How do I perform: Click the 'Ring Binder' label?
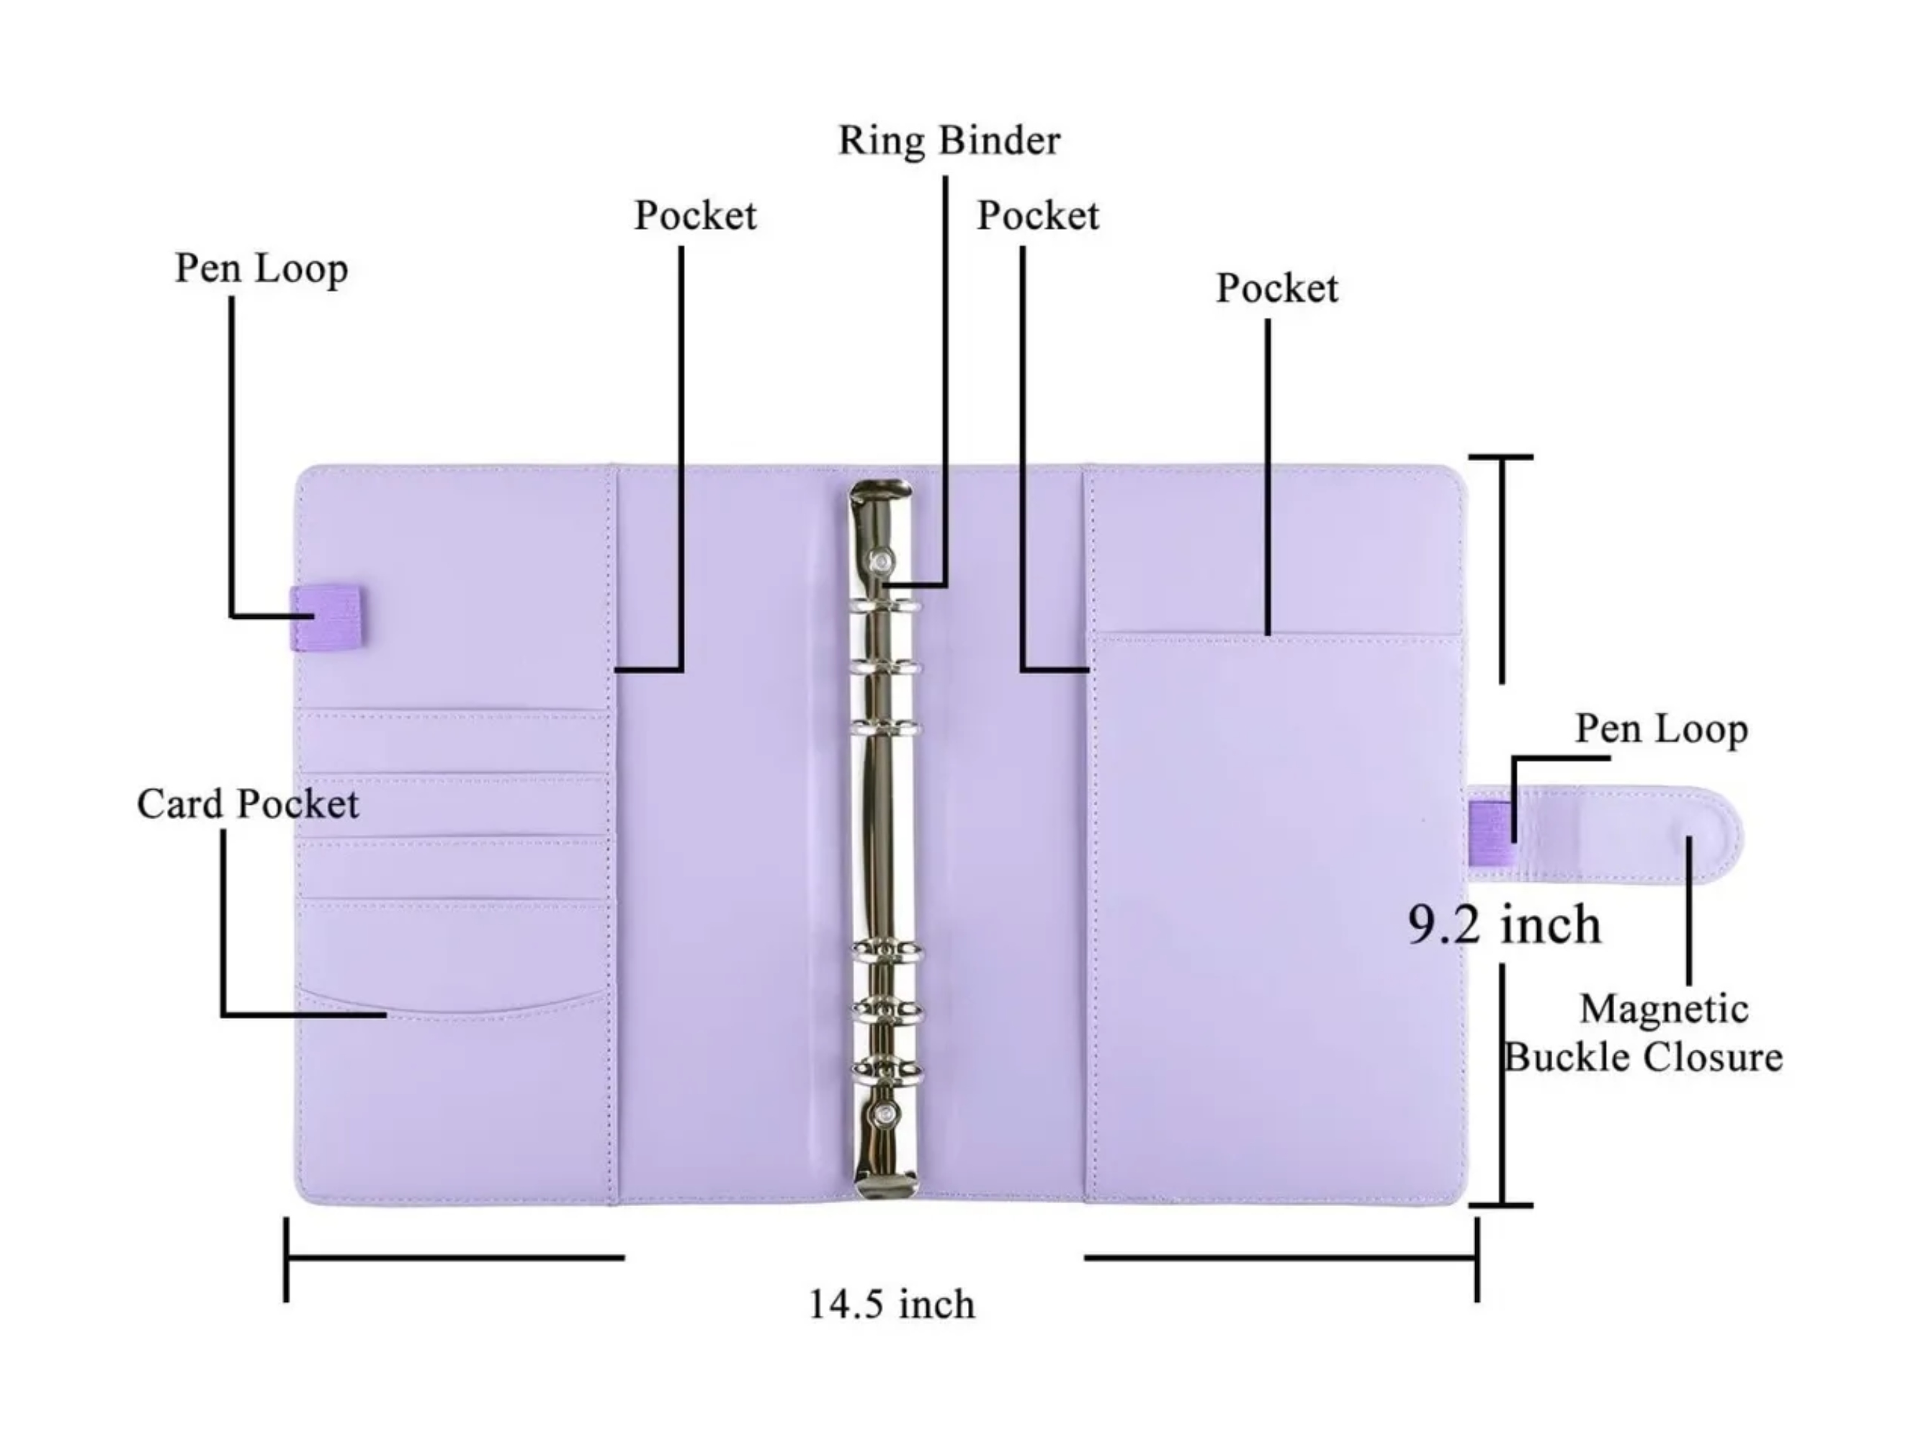(x=949, y=140)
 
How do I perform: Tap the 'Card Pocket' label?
(x=248, y=804)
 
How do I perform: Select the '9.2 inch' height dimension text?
(x=1504, y=924)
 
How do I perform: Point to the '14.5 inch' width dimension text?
(x=892, y=1305)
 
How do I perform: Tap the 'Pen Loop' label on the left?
(x=261, y=269)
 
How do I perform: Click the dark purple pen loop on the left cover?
(x=326, y=617)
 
